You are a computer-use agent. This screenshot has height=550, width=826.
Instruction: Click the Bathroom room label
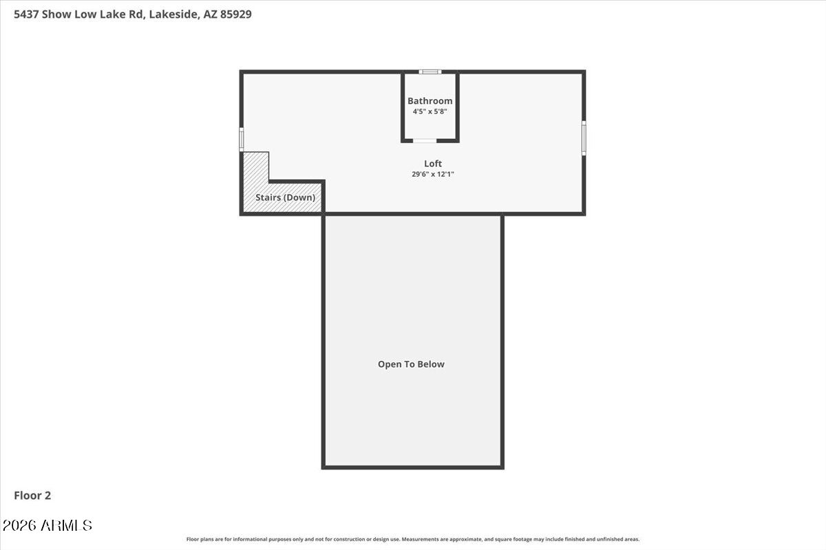pos(430,101)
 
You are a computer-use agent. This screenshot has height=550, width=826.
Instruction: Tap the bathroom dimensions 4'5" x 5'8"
pos(430,111)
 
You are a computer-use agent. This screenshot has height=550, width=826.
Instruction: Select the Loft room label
pos(433,164)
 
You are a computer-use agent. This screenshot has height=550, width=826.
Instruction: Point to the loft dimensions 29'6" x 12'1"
pos(433,175)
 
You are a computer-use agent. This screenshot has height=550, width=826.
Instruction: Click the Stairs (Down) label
pos(285,198)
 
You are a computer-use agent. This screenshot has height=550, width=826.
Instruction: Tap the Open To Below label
pos(411,364)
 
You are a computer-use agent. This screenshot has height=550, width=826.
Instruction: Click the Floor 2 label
pos(32,495)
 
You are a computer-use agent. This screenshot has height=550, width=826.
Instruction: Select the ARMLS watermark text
pos(66,526)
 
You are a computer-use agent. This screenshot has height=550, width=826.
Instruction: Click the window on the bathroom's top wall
pos(430,71)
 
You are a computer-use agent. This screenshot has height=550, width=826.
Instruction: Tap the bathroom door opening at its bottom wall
pos(425,140)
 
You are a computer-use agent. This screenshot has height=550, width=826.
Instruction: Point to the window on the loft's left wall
pos(242,139)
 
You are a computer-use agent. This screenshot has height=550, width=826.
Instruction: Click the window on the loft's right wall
pos(584,137)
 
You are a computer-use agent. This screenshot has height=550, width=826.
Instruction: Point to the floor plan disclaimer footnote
pos(413,540)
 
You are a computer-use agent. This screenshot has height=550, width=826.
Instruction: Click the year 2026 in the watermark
pos(20,526)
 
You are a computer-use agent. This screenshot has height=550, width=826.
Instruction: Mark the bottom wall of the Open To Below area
pos(413,467)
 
